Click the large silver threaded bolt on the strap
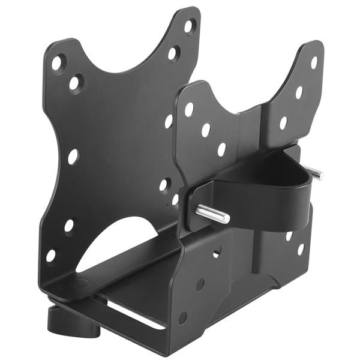click(212, 214)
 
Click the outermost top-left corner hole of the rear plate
click(57, 62)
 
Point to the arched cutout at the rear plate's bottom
click(120, 243)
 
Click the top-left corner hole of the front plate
click(189, 110)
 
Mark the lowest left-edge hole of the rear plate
click(51, 255)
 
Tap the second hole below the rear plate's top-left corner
click(75, 83)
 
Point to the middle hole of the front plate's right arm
click(299, 92)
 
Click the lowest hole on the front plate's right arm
click(283, 124)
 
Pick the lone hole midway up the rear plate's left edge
click(73, 157)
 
